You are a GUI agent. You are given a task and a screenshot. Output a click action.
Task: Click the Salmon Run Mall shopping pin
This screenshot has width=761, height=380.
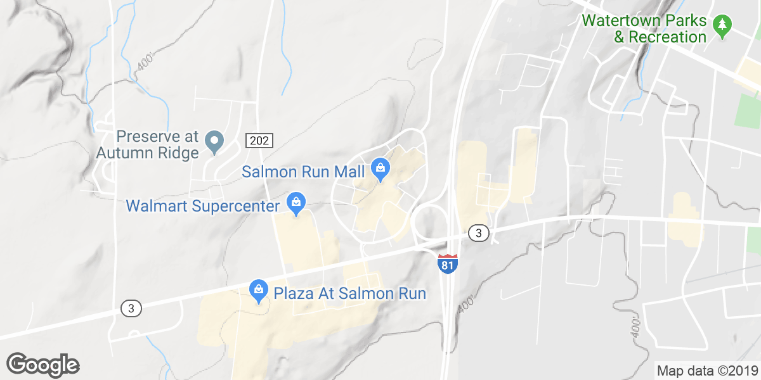point(380,168)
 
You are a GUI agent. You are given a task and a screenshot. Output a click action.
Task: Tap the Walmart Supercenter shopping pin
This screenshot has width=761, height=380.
point(296,203)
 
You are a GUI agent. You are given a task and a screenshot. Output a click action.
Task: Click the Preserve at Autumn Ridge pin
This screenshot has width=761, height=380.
point(214,140)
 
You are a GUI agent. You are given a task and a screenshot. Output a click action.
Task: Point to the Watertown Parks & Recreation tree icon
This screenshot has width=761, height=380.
point(722,26)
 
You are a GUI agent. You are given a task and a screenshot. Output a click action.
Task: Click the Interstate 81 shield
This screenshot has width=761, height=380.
point(447,263)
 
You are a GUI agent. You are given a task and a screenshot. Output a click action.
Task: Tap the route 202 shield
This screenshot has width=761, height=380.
point(259,140)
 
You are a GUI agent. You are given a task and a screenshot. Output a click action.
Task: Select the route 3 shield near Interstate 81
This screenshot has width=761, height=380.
point(479,234)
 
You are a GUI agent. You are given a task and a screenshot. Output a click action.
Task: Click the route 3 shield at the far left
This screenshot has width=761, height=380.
point(131,308)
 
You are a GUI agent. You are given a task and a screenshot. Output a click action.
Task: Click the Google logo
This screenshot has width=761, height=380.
point(42,365)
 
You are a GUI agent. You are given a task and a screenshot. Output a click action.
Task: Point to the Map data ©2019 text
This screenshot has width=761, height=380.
point(706,370)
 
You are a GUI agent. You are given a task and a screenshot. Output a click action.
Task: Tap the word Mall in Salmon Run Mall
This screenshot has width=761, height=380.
point(351,172)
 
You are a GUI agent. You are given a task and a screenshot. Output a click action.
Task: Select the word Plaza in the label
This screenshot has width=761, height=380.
point(293,293)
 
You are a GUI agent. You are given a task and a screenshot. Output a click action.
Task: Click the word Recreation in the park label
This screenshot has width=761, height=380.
point(668,37)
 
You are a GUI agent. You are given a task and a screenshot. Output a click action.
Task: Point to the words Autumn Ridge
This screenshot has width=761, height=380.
point(148,153)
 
